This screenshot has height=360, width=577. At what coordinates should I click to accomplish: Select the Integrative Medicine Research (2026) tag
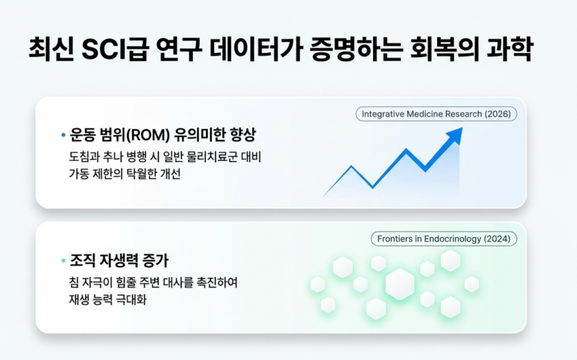(436, 114)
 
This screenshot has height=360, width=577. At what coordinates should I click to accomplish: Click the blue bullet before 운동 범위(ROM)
(63, 136)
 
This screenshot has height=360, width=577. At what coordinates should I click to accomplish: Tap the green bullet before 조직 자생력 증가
(63, 261)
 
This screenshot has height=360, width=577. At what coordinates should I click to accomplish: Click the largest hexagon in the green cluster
(400, 284)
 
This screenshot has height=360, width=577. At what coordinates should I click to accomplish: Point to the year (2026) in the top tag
(496, 114)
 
